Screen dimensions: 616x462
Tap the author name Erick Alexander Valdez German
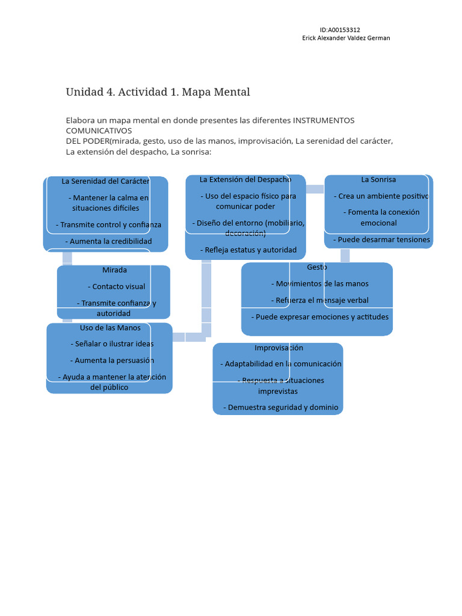[345, 38]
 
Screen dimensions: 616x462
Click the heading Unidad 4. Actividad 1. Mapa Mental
[158, 92]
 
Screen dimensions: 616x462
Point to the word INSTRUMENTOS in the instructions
[324, 120]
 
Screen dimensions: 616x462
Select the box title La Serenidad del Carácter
[105, 181]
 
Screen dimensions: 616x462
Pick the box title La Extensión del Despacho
[245, 179]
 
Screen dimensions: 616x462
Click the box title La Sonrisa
[378, 179]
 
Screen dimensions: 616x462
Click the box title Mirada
[114, 270]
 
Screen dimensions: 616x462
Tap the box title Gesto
[317, 267]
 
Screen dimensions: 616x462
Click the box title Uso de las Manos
[110, 328]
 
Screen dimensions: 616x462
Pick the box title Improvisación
[279, 348]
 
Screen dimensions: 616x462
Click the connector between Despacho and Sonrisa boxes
[315, 189]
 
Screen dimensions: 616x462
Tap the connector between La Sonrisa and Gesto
[345, 256]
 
